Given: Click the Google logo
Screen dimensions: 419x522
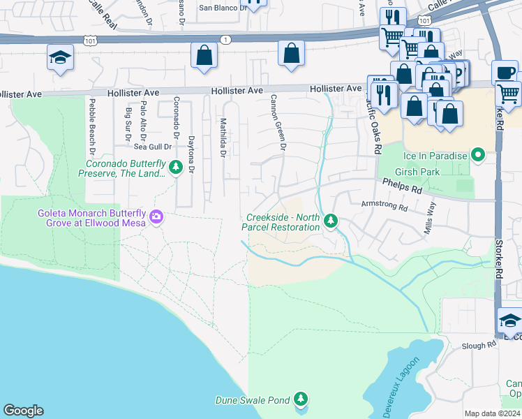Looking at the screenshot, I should [x=23, y=411].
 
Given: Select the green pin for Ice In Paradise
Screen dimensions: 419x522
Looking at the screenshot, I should [x=478, y=154].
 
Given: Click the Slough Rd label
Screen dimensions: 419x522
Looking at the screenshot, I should [x=479, y=346].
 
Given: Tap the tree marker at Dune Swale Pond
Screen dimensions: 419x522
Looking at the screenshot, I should [x=301, y=399].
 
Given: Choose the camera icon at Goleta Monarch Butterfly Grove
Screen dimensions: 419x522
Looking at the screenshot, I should [x=156, y=218].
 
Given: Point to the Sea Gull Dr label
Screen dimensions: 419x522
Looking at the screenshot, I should [x=153, y=147].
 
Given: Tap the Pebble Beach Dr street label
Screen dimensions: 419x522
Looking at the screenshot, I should [x=91, y=126].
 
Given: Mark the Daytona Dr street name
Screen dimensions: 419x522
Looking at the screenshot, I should [x=191, y=135].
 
